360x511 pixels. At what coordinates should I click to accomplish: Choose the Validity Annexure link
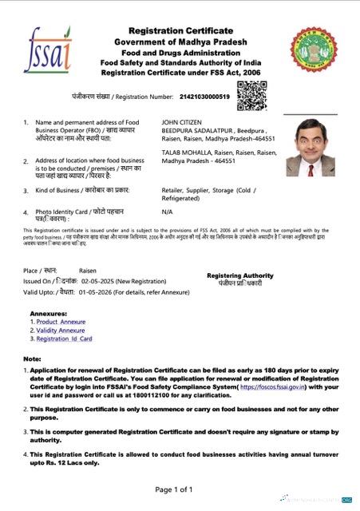(61, 330)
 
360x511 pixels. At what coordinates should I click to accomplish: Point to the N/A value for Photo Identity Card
(167, 212)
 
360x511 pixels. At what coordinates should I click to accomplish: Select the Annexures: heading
(45, 312)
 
